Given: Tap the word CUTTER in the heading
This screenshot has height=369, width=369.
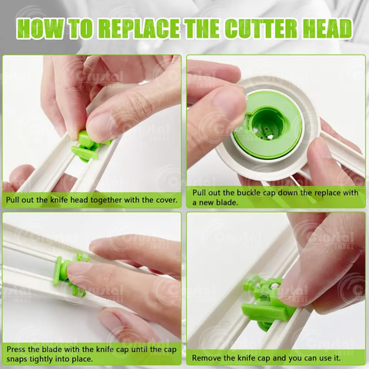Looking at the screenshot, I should (x=259, y=29).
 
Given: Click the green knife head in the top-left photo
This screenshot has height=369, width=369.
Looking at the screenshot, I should (x=86, y=146).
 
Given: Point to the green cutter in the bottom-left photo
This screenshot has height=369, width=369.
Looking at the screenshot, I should (x=69, y=273).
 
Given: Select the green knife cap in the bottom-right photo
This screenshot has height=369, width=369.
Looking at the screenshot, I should (x=265, y=304).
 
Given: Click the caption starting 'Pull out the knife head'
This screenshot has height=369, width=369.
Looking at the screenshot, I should (x=92, y=201).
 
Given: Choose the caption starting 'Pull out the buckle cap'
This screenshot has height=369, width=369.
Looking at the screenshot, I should (x=275, y=196).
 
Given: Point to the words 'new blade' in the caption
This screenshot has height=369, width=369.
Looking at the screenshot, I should (x=220, y=201).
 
